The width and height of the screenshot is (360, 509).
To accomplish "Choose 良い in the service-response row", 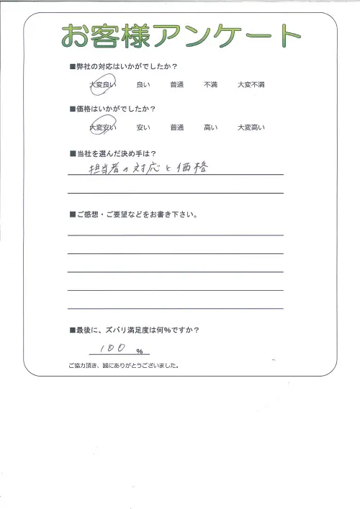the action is [143, 85].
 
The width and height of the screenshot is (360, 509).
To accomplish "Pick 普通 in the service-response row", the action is [177, 85].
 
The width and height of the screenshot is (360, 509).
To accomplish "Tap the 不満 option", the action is [211, 85].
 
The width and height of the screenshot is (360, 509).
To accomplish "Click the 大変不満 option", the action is [251, 85].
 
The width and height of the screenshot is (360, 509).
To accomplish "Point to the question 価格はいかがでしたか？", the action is [115, 109].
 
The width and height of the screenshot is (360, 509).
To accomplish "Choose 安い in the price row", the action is [143, 127].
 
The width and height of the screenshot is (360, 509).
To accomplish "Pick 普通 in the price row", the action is [177, 127].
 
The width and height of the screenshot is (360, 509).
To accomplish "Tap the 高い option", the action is [211, 127].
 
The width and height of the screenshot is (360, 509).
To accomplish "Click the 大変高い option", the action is [251, 127].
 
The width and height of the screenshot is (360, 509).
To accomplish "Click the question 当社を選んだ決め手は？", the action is [116, 153].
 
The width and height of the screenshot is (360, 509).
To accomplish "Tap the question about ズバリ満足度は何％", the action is [137, 330].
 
